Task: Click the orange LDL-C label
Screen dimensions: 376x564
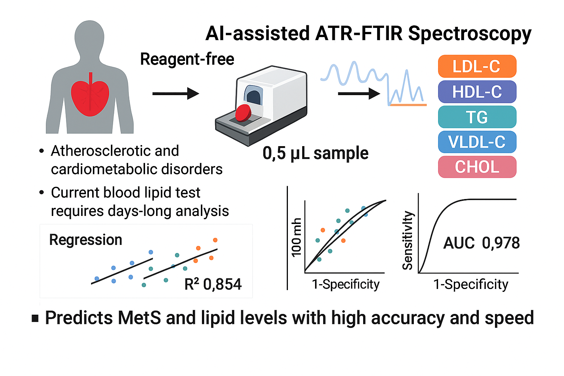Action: [x=477, y=66]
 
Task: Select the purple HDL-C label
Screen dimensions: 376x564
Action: [x=477, y=92]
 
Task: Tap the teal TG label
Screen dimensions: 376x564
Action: [x=477, y=117]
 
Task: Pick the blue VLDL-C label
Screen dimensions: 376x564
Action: [x=477, y=142]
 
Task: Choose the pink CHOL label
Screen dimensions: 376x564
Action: [x=477, y=167]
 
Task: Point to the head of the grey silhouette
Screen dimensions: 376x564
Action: [x=89, y=37]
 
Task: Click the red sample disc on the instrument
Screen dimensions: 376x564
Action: [x=243, y=113]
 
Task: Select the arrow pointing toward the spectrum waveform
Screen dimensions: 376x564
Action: [x=359, y=94]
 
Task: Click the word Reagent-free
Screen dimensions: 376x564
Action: [x=187, y=59]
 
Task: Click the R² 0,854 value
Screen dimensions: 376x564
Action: [x=213, y=284]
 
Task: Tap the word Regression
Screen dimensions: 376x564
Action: [x=86, y=240]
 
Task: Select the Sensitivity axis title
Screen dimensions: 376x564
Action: [x=408, y=240]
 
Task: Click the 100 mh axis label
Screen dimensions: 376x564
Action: [x=296, y=237]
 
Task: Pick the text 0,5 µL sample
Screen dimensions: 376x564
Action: [x=315, y=153]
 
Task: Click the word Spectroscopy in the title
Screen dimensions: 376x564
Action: [x=470, y=34]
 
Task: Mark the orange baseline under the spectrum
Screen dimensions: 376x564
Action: [x=408, y=105]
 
